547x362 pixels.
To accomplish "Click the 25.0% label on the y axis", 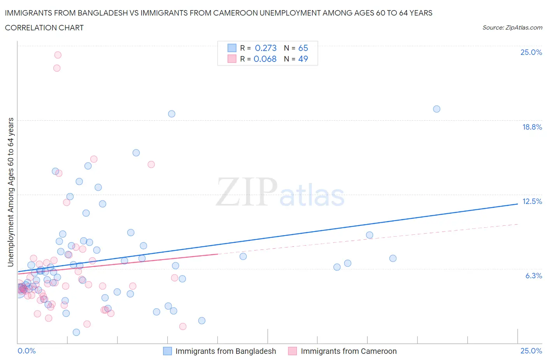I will point(531,52).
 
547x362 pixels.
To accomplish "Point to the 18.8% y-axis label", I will point(532,127).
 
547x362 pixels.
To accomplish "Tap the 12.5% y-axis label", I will point(532,201).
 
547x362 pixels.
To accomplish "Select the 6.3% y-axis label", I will point(533,276).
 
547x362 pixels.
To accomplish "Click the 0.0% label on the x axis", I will point(26,351).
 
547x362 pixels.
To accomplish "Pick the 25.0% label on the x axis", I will point(531,351).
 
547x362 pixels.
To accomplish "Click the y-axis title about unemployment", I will point(11,192).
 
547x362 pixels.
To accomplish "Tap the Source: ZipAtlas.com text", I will point(512,27).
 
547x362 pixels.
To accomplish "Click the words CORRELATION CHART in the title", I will point(44,28).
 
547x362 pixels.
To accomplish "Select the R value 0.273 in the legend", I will point(265,48).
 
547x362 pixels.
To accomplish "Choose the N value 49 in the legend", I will point(303,59).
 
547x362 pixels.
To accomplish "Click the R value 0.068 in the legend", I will point(265,59).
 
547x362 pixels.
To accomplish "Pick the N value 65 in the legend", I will point(303,48).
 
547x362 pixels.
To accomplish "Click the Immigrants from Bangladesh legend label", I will point(226,351).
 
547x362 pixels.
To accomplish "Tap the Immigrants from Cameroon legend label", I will point(349,351).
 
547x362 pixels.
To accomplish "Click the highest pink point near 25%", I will point(58,55).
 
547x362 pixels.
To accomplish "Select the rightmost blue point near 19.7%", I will point(437,109).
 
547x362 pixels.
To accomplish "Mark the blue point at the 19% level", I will point(172,114).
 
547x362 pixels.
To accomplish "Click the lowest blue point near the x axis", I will point(76,332).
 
